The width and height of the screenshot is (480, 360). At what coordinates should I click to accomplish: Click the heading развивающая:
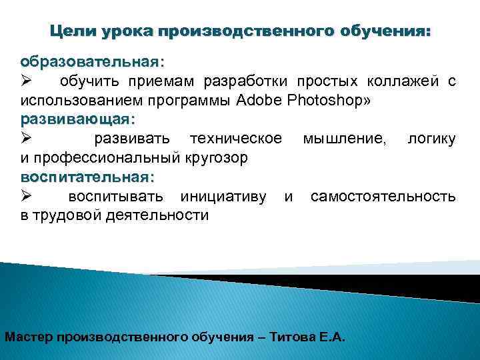click(x=77, y=120)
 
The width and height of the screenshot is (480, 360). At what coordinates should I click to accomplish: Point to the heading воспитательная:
click(x=87, y=178)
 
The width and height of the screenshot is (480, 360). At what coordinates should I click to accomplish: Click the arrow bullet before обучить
click(x=27, y=82)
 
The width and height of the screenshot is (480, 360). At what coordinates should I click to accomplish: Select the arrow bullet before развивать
click(x=27, y=140)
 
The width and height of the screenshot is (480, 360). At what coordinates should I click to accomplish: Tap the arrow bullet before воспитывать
click(x=27, y=197)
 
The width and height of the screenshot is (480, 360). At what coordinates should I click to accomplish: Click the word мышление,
click(x=341, y=139)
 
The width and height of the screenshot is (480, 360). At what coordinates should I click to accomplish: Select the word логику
click(x=431, y=139)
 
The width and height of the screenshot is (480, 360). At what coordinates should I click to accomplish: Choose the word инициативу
click(x=223, y=197)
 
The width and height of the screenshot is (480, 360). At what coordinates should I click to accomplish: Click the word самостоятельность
click(x=383, y=197)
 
